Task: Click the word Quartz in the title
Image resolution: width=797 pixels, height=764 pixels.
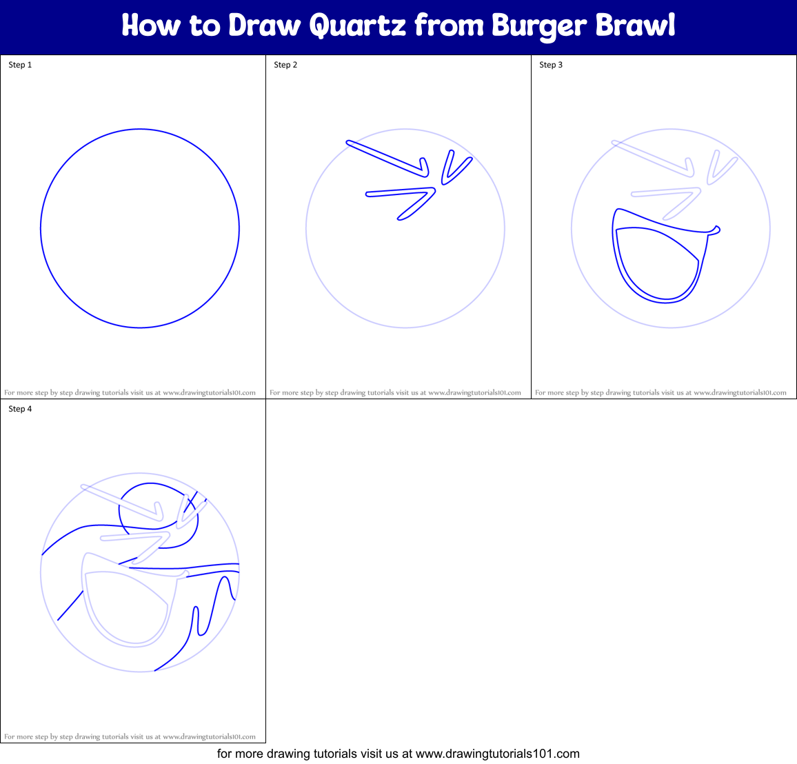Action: point(357,26)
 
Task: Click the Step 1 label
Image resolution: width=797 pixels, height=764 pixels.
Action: point(20,65)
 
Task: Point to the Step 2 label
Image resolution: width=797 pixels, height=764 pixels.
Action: point(285,65)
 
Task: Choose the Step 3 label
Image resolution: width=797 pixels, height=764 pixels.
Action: point(551,65)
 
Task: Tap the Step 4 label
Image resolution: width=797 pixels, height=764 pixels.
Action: point(20,409)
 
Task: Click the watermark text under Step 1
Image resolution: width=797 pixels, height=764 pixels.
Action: point(130,392)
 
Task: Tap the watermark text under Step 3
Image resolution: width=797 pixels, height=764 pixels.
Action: point(660,392)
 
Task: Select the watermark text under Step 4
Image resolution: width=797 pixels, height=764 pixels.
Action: point(130,736)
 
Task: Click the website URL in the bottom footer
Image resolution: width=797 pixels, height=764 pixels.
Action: point(498,754)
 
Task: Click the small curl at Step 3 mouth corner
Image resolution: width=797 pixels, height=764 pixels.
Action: point(716,229)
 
